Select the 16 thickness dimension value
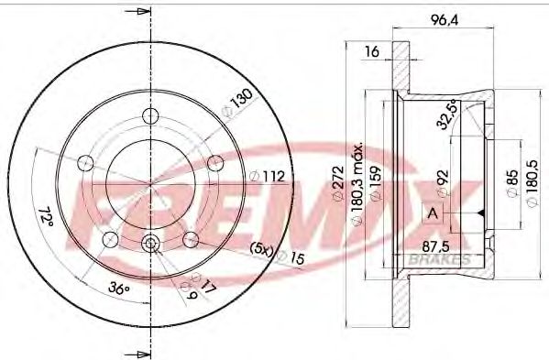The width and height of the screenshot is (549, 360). (373, 52)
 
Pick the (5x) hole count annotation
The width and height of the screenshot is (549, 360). (262, 248)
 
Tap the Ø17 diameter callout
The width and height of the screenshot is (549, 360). (205, 286)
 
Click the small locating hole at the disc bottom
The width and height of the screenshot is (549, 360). (150, 244)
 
